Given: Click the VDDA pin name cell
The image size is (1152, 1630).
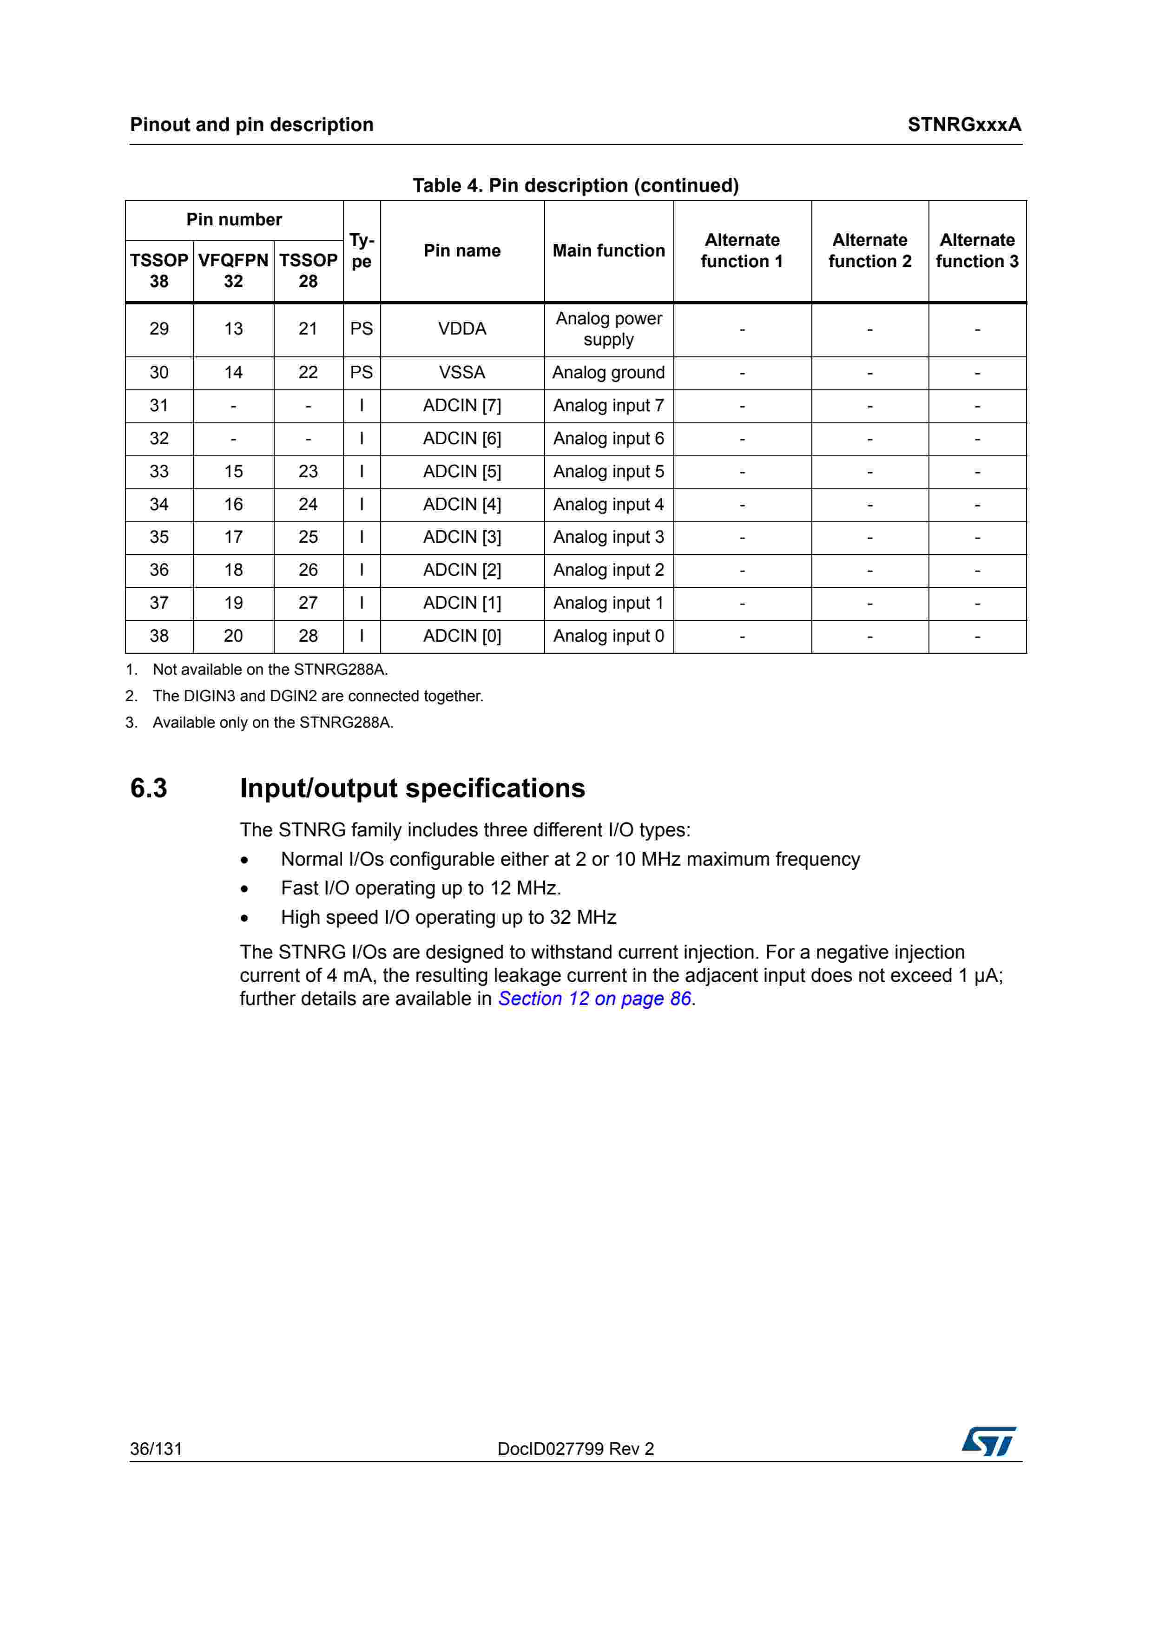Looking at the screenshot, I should (x=462, y=329).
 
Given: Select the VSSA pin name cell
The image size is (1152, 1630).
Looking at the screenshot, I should (x=462, y=373).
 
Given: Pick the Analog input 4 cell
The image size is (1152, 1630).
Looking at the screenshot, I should (x=608, y=504).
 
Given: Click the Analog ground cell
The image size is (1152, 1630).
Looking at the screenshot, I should (x=608, y=373).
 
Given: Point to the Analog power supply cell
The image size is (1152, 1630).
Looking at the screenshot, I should (x=608, y=329).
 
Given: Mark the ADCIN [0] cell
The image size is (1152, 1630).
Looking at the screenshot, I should (x=462, y=636).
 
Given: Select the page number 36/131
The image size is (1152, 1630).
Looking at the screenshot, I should (x=156, y=1449).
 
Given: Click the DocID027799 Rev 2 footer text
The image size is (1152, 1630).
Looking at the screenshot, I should (x=576, y=1449).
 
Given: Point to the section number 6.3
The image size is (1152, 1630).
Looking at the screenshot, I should (x=149, y=788).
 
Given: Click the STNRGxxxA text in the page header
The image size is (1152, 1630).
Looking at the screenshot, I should (x=964, y=125).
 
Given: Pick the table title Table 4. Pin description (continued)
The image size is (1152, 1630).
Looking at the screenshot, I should (x=576, y=185).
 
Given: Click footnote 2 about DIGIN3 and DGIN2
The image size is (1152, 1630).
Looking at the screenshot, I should (x=317, y=697).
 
